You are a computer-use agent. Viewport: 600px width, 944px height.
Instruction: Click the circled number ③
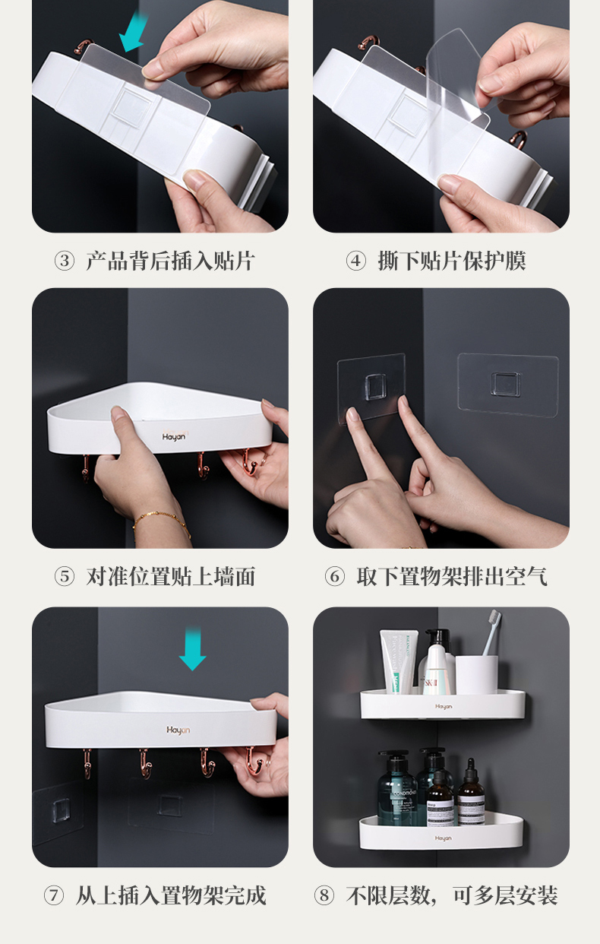point(65,261)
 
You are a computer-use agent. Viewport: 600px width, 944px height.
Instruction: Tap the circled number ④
point(355,261)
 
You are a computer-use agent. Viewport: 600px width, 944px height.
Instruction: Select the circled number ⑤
point(65,577)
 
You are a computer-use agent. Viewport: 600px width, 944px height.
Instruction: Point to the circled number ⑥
point(335,577)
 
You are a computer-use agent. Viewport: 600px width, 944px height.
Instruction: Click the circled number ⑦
point(54,895)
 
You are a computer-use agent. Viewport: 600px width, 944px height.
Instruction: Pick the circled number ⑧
point(324,895)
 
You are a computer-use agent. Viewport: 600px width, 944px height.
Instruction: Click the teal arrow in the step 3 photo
point(134,32)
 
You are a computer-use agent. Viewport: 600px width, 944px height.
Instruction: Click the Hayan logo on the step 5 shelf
point(174,436)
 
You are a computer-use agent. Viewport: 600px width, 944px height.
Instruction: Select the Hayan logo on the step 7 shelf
point(178,730)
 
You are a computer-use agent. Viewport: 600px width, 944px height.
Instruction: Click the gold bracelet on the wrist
point(162,523)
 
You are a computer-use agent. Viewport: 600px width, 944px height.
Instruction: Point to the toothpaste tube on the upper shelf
point(398,662)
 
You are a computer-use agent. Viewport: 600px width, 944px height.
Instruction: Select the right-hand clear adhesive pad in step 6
point(508,385)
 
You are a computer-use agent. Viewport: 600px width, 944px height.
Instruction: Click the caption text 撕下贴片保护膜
point(452,261)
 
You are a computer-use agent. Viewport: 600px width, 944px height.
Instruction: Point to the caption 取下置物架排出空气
point(452,577)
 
